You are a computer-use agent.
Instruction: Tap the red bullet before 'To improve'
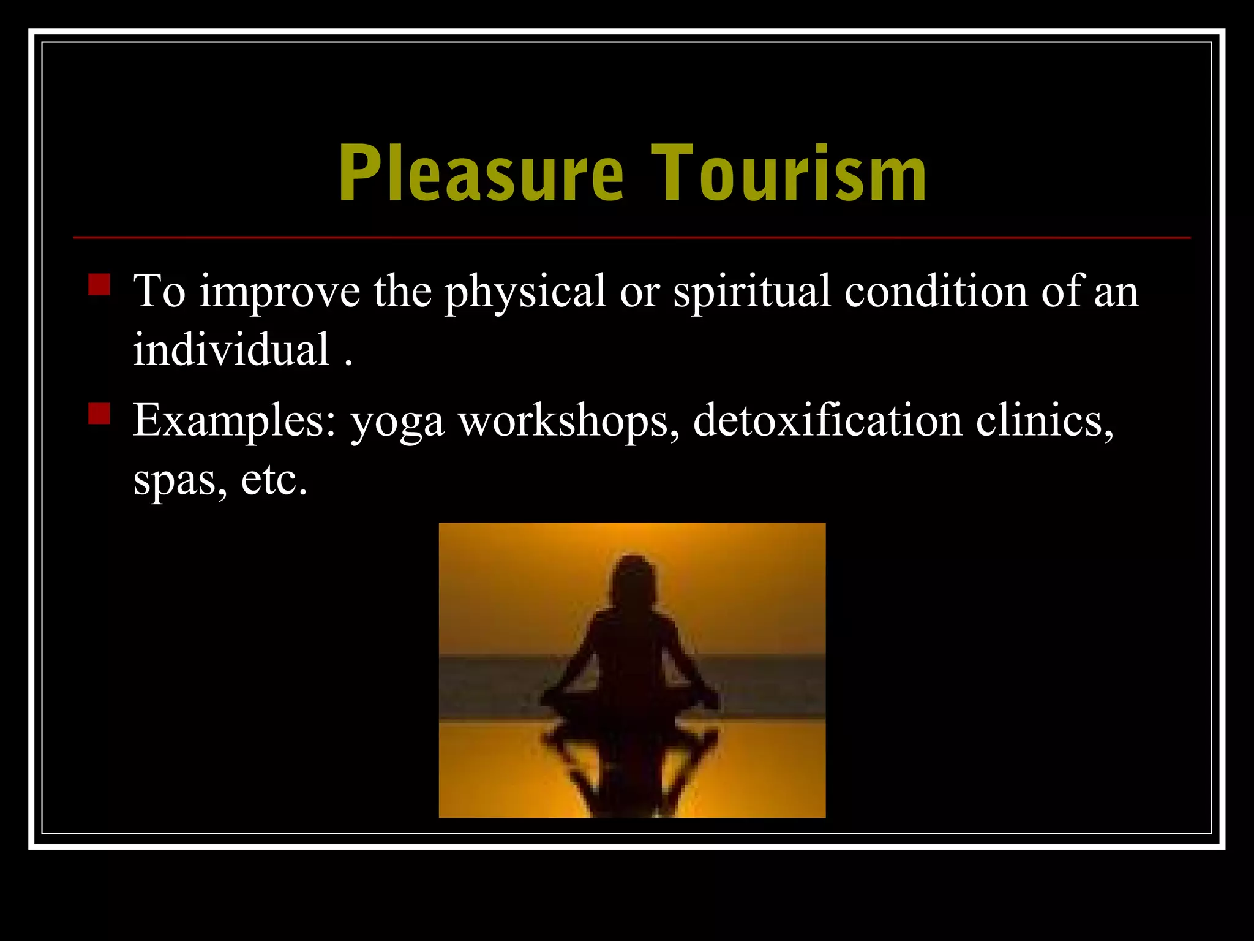pyautogui.click(x=99, y=285)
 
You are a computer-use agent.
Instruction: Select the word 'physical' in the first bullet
pyautogui.click(x=525, y=293)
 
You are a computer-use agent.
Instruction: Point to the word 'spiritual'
pyautogui.click(x=752, y=293)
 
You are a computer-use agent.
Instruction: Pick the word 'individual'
pyautogui.click(x=232, y=350)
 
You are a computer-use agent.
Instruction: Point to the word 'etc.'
pyautogui.click(x=274, y=480)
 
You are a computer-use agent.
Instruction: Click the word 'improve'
pyautogui.click(x=280, y=293)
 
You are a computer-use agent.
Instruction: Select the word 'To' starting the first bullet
pyautogui.click(x=159, y=292)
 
